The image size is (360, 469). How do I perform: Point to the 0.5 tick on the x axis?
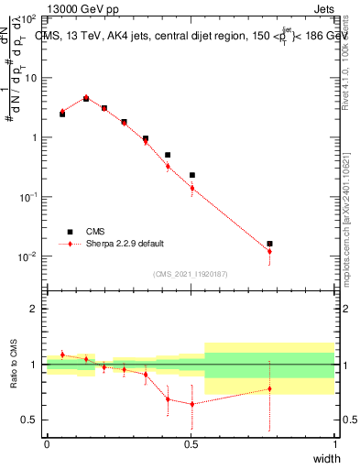[191, 443]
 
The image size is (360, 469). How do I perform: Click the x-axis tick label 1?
[334, 443]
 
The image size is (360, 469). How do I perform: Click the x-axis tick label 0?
[47, 443]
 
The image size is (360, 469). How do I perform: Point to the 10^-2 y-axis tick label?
[27, 256]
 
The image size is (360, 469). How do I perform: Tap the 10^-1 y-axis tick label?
[27, 197]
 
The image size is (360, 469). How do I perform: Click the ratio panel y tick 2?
[33, 309]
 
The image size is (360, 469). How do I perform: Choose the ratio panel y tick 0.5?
[29, 420]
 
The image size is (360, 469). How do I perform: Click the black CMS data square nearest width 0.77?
[269, 244]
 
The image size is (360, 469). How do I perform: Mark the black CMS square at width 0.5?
[192, 175]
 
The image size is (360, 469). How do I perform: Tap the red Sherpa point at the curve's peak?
[86, 97]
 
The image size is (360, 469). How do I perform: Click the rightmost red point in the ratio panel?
[269, 388]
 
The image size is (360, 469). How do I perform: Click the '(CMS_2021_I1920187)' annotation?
[190, 274]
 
